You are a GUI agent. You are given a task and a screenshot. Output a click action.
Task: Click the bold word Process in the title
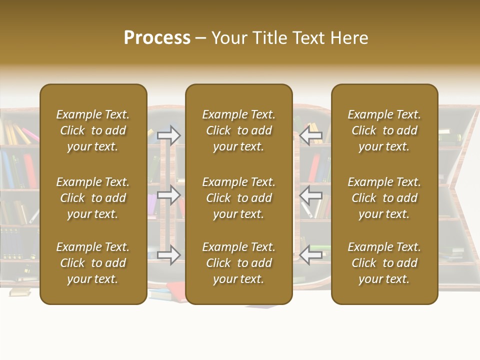[x=157, y=38]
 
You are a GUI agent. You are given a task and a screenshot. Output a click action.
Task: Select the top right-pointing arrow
[x=169, y=134]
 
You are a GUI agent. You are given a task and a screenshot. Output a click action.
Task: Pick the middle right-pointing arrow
[x=169, y=194]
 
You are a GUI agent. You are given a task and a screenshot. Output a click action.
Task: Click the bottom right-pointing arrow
[x=169, y=255]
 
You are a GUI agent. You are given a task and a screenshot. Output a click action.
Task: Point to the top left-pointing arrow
[x=311, y=134]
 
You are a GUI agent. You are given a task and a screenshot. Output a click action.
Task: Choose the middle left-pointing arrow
[x=311, y=194]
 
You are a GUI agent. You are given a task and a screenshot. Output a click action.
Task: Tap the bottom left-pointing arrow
[x=311, y=255]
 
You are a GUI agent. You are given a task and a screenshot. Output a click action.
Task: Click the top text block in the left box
[x=93, y=130]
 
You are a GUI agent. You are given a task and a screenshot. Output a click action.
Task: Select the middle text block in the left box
[x=93, y=198]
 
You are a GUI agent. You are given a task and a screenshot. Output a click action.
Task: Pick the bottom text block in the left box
[x=93, y=263]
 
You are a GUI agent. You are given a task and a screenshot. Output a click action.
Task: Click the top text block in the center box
[x=239, y=130]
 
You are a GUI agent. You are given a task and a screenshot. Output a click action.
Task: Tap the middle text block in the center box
[x=239, y=198]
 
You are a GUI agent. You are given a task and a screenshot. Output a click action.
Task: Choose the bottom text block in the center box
[x=239, y=263]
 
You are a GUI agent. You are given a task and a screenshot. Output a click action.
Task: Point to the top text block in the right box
[x=384, y=130]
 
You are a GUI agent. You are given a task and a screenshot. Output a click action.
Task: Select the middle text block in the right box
[x=384, y=198]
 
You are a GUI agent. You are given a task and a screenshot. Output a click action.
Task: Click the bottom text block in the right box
[x=384, y=263]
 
